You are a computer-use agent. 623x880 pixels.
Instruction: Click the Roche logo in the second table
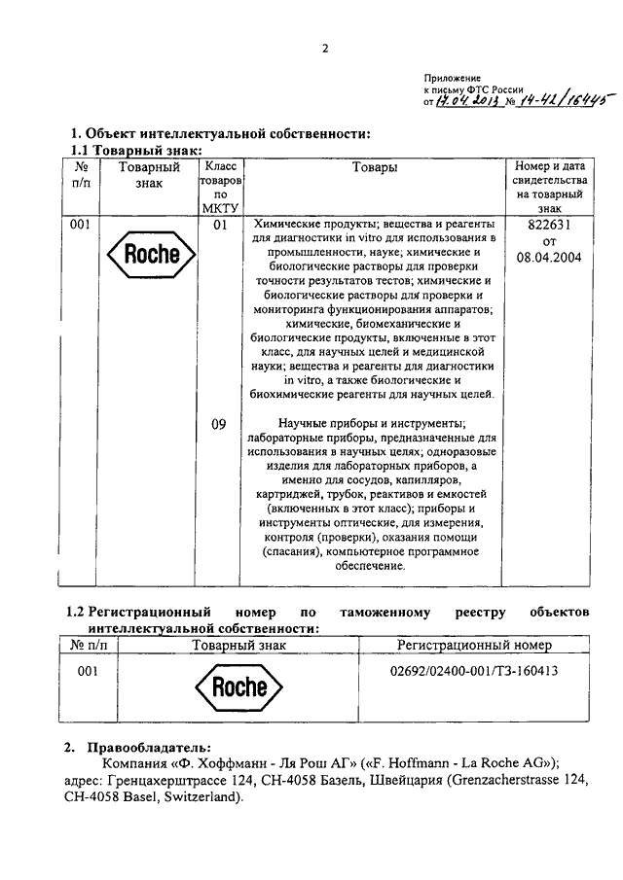click(238, 687)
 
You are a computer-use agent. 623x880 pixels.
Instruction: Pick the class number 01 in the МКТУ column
click(220, 226)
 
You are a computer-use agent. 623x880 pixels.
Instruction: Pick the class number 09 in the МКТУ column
click(220, 423)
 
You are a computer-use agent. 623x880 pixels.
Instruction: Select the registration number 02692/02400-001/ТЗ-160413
click(474, 671)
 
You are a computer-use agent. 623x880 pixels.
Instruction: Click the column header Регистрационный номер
click(474, 646)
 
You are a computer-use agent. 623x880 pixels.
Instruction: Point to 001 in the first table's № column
click(82, 226)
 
